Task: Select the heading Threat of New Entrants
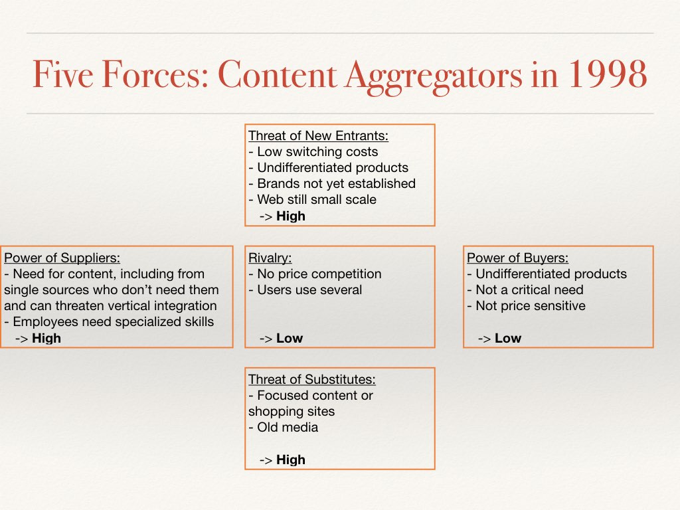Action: (x=318, y=136)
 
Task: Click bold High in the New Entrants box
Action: (x=291, y=216)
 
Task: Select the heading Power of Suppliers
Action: (x=62, y=258)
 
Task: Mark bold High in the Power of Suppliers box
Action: (x=46, y=338)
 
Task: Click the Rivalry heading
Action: (x=270, y=258)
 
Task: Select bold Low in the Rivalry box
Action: (x=290, y=338)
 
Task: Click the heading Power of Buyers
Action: (x=518, y=258)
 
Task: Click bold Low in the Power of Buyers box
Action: (x=508, y=338)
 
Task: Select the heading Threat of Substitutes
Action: (x=312, y=380)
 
